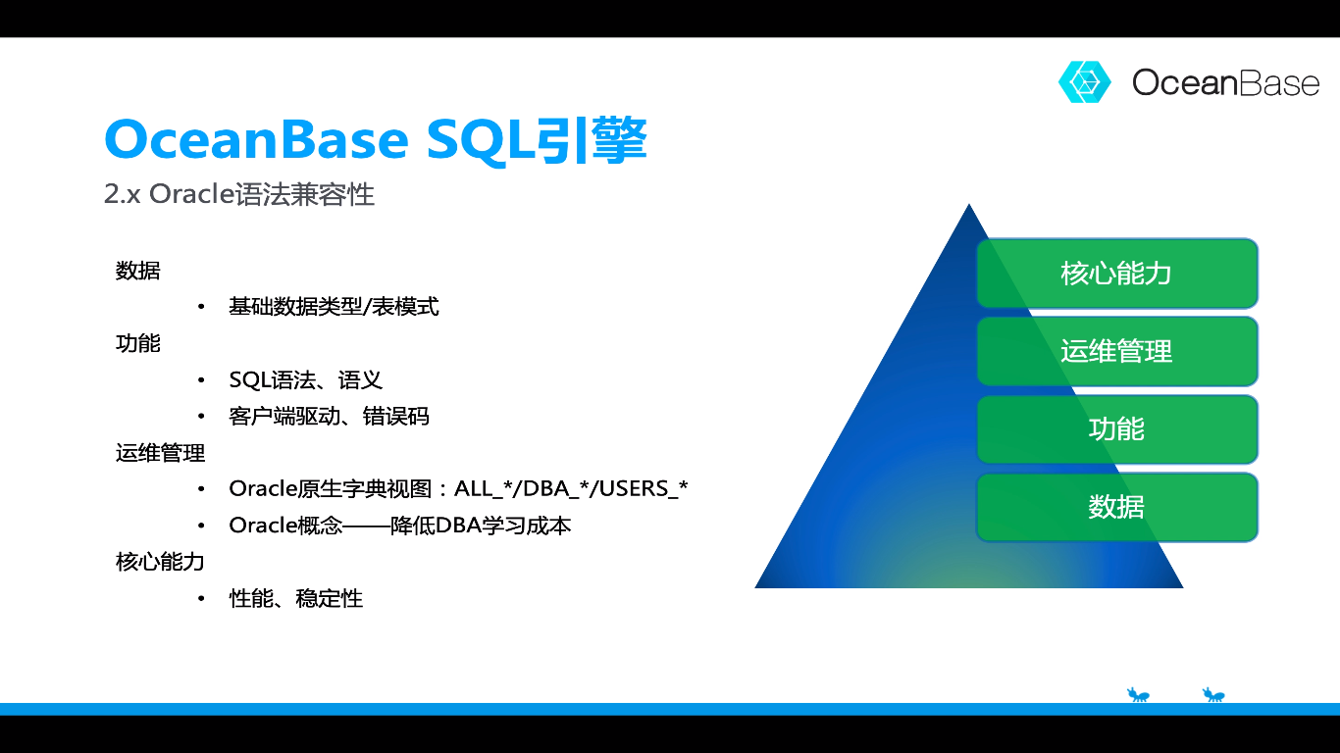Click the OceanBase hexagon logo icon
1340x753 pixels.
1084,82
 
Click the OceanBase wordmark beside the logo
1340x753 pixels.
1225,82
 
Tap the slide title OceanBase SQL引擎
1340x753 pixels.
375,140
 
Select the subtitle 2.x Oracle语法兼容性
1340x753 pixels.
239,194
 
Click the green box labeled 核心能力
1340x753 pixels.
1116,273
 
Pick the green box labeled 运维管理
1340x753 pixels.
1116,351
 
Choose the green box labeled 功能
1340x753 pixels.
1116,429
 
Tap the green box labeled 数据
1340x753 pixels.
1116,507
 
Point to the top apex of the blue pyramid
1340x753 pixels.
969,207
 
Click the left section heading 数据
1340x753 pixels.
137,271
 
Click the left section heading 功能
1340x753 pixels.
137,343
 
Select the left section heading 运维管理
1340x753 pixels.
160,453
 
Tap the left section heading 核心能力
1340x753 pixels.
160,562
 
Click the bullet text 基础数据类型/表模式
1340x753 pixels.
334,307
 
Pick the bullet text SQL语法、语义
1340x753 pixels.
305,379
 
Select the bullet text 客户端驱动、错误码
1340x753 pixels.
329,417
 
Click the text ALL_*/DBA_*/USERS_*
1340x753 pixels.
571,488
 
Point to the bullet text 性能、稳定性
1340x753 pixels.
295,598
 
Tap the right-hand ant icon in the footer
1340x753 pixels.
1213,695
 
